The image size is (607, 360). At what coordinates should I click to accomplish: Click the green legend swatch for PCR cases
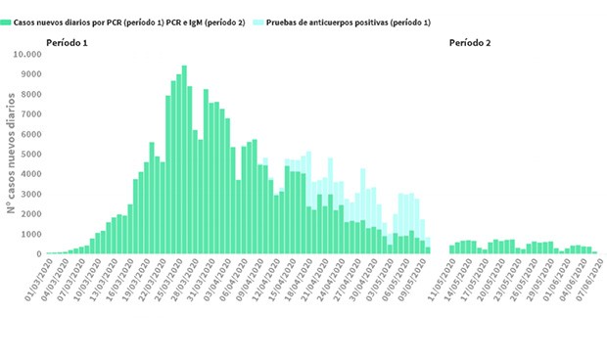tap(6, 21)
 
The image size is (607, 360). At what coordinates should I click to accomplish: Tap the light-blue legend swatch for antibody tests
tap(255, 21)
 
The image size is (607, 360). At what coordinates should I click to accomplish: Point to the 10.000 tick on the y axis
tap(26, 54)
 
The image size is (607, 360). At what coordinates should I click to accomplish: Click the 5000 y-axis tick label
tap(29, 155)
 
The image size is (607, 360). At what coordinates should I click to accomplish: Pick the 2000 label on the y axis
tap(29, 214)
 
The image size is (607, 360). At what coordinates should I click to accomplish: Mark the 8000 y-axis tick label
tap(29, 94)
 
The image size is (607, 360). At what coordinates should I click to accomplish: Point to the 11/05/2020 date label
tap(439, 283)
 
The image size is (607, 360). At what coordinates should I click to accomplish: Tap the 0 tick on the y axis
tap(37, 254)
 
